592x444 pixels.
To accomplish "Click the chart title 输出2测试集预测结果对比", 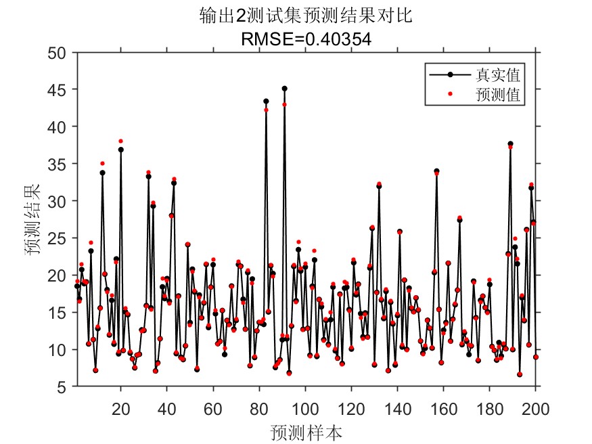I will pyautogui.click(x=306, y=16).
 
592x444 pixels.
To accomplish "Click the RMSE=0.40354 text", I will pyautogui.click(x=306, y=39).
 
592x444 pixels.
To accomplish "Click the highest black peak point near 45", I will pyautogui.click(x=284, y=89).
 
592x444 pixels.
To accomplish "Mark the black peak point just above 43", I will pyautogui.click(x=266, y=101).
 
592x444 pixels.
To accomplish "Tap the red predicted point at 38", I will pyautogui.click(x=121, y=141).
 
